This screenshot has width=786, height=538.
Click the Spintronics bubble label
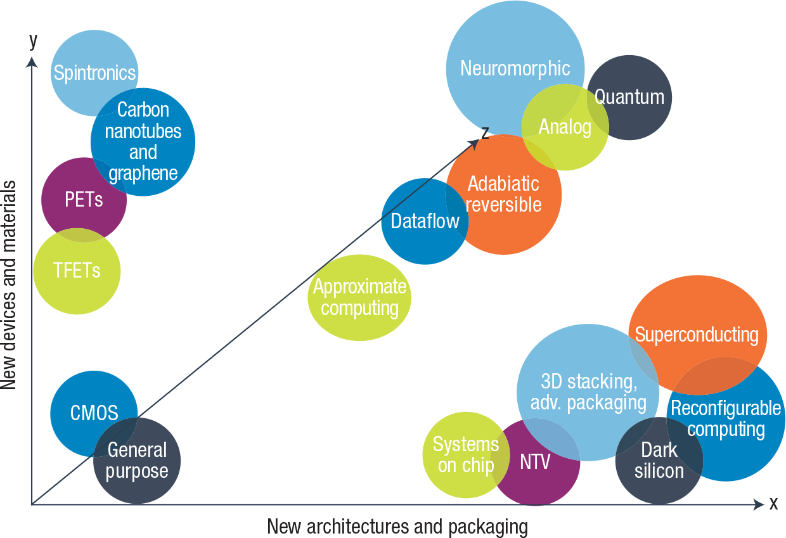pyautogui.click(x=94, y=73)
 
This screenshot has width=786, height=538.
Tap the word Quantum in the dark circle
pyautogui.click(x=629, y=97)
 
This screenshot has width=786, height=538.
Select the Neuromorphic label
pyautogui.click(x=515, y=68)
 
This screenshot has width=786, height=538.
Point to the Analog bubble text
pyautogui.click(x=565, y=127)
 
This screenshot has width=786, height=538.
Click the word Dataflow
pyautogui.click(x=425, y=221)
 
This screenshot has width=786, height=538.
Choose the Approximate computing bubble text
pyautogui.click(x=359, y=298)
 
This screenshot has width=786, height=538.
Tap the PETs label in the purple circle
pyautogui.click(x=84, y=200)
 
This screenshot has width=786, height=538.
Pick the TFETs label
pyautogui.click(x=76, y=271)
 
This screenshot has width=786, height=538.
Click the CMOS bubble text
pyautogui.click(x=94, y=414)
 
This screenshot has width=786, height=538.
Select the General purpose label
pyautogui.click(x=137, y=461)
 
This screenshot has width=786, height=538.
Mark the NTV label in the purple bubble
pyautogui.click(x=535, y=461)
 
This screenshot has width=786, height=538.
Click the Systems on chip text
pyautogui.click(x=466, y=455)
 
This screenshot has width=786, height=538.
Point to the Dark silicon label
pyautogui.click(x=659, y=461)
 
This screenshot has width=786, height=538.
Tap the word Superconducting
pyautogui.click(x=697, y=335)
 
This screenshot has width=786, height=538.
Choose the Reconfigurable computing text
pyautogui.click(x=726, y=419)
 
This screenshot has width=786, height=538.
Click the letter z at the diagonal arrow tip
pyautogui.click(x=485, y=132)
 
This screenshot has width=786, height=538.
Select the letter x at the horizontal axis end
pyautogui.click(x=773, y=504)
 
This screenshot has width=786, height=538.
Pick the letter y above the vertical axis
pyautogui.click(x=33, y=41)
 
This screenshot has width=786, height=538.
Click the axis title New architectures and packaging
pyautogui.click(x=397, y=527)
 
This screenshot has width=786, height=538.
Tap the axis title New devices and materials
pyautogui.click(x=9, y=285)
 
